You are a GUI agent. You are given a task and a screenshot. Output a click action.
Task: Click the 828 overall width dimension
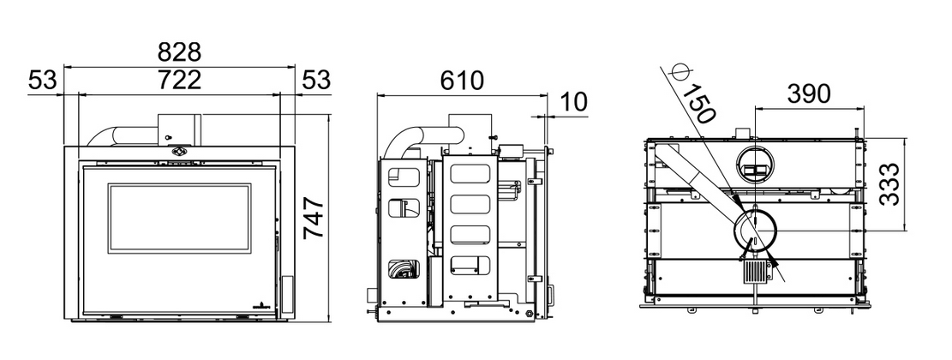click(x=179, y=53)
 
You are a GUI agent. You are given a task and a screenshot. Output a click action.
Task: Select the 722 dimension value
click(x=179, y=80)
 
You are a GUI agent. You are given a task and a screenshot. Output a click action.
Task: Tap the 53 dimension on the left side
click(x=43, y=80)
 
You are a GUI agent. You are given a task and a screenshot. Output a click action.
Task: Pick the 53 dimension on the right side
click(x=315, y=80)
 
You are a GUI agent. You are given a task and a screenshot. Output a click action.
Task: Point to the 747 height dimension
click(x=314, y=217)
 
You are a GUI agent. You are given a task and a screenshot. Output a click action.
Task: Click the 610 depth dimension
click(x=463, y=80)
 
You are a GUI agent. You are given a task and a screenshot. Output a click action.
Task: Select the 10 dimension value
click(x=573, y=102)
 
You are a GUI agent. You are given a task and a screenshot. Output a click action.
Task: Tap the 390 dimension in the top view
click(x=809, y=94)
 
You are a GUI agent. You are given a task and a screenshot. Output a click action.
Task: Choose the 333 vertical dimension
click(x=890, y=184)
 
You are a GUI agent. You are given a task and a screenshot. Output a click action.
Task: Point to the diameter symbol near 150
click(x=677, y=71)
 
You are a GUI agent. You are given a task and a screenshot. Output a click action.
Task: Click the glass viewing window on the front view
click(x=180, y=219)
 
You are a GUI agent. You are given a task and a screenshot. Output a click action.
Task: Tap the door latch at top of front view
click(x=180, y=151)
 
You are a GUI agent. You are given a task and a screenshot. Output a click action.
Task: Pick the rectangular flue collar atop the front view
click(x=179, y=129)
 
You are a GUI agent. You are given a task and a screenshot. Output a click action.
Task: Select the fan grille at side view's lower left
click(x=404, y=268)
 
